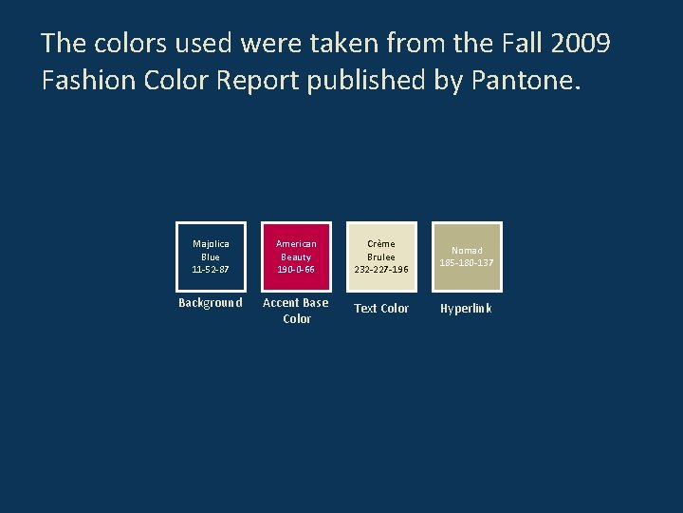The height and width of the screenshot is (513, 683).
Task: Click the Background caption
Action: click(211, 303)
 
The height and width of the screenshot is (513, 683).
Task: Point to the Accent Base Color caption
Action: click(296, 311)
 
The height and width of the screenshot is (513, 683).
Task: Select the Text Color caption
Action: click(381, 309)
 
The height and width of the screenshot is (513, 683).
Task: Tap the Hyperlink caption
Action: click(466, 309)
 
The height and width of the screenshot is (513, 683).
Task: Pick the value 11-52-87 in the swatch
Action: click(211, 269)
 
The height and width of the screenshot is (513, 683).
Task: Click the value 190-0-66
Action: click(296, 269)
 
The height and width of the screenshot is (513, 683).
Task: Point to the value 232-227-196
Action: click(381, 269)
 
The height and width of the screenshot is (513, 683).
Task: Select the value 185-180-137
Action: click(467, 262)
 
